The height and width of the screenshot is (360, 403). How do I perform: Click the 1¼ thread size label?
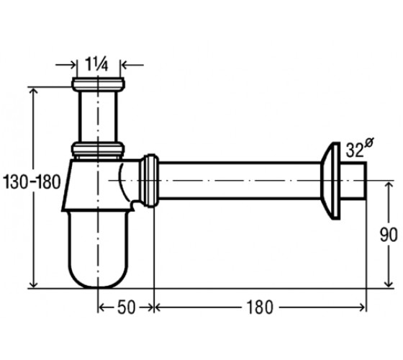click(x=96, y=64)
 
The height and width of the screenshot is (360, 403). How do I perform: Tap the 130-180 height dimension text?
click(x=32, y=181)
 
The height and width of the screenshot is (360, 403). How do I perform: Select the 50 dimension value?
click(x=126, y=307)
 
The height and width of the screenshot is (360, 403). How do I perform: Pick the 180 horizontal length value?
click(x=260, y=307)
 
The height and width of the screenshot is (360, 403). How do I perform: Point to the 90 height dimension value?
click(x=389, y=235)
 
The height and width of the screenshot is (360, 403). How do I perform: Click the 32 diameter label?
click(x=354, y=150)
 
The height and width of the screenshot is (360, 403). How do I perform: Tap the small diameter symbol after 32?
click(x=369, y=143)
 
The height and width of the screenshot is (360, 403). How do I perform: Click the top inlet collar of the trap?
click(x=98, y=84)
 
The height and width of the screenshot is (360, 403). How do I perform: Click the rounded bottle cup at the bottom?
click(x=98, y=249)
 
